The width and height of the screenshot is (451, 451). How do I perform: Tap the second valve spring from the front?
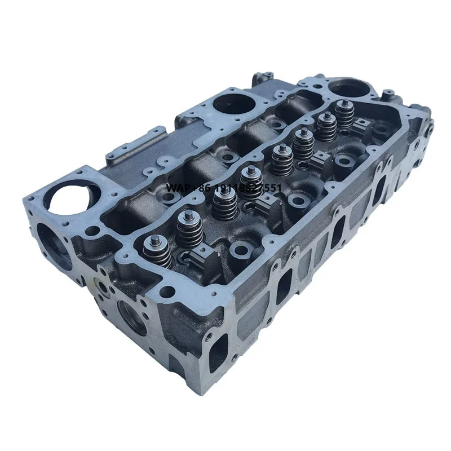pyautogui.click(x=189, y=228)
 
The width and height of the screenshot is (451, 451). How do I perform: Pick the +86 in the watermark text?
pyautogui.click(x=200, y=188)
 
